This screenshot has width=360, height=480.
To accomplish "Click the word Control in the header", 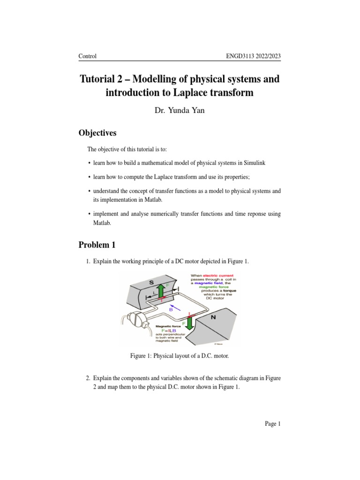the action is (x=88, y=56).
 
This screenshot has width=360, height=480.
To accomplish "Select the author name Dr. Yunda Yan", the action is (x=180, y=112).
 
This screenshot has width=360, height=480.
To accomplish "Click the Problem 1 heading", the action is (x=97, y=245).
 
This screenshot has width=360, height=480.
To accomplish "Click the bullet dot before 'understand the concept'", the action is (x=89, y=191).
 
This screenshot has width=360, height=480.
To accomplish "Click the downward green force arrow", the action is (x=190, y=325).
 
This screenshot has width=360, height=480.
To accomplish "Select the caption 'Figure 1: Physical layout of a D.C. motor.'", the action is (x=180, y=357).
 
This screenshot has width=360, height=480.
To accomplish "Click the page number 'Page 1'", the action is (x=272, y=424).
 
